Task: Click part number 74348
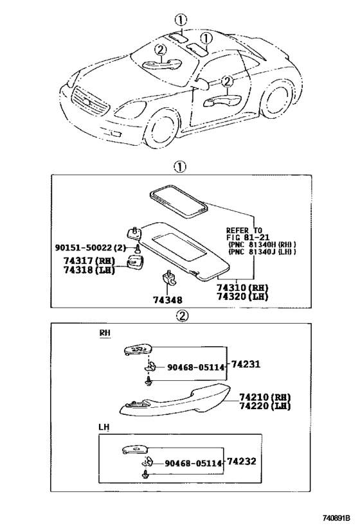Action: [168, 299]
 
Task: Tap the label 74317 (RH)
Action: [89, 261]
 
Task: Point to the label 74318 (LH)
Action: [89, 270]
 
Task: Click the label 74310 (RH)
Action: [242, 288]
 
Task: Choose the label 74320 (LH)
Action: [242, 297]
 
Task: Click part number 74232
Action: [242, 461]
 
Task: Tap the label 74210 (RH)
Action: [265, 397]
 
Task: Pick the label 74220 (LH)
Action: [265, 406]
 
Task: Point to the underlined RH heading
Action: [105, 333]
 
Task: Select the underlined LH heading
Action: [104, 427]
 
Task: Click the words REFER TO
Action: [244, 231]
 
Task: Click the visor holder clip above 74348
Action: [169, 278]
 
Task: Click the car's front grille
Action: [91, 101]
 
